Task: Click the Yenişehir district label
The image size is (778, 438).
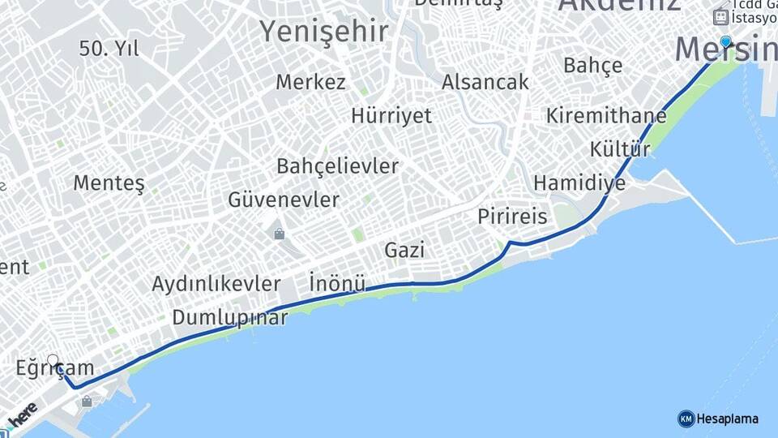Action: coord(323,31)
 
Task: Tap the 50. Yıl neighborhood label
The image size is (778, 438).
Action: coord(109,49)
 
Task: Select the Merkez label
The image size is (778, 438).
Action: coord(310,82)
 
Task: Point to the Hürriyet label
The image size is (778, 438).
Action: coord(391,115)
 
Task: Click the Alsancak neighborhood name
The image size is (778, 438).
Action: coord(485,82)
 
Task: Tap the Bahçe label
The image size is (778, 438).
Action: coord(592,65)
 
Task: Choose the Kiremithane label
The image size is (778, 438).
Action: coord(605,115)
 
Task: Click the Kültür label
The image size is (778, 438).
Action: coord(620,149)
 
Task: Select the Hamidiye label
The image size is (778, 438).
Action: coord(579,183)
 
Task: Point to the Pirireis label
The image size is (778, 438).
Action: coord(512,217)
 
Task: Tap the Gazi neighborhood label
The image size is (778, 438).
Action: coord(404,250)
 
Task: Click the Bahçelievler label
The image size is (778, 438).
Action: coord(337,166)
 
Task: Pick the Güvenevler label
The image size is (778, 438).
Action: coord(284,200)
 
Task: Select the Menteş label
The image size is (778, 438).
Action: coord(109,183)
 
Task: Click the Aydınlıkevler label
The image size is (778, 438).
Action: coord(216,284)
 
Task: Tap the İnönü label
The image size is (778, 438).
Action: coord(337,284)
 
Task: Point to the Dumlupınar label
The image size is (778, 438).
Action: coord(229,318)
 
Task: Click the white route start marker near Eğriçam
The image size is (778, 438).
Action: coord(53,360)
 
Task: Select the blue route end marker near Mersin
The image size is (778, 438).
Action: coord(725,41)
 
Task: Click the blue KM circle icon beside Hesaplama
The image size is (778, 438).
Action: coord(686,419)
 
